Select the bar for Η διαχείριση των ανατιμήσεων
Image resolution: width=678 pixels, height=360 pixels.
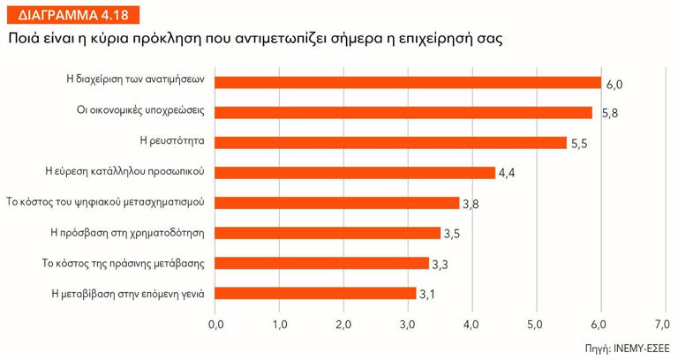[x=408, y=82]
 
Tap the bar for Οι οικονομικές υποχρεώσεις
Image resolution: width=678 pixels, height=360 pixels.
[x=403, y=112]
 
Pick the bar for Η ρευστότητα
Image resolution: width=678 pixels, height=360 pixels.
[x=390, y=142]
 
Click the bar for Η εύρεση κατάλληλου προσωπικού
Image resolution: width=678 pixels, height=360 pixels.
[x=355, y=172]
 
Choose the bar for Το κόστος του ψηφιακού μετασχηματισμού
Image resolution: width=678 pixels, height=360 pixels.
[x=337, y=202]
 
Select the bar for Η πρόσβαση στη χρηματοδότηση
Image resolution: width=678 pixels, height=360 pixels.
[x=328, y=233]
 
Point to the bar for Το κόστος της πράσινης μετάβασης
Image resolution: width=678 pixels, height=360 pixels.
[x=321, y=263]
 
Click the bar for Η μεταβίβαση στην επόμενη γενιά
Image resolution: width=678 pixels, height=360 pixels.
[x=315, y=293]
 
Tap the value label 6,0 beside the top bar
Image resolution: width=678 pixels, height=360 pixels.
[x=614, y=84]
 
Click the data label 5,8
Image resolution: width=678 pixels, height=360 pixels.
[x=609, y=114]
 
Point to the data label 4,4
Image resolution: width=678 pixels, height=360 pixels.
[x=507, y=174]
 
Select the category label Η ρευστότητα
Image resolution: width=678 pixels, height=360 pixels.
[x=173, y=140]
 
